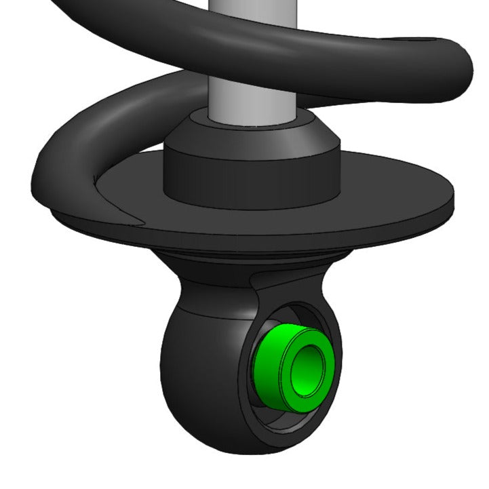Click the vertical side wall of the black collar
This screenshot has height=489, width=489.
[251, 180]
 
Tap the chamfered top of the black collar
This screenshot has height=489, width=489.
[251, 136]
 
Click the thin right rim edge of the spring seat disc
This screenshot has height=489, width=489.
[450, 204]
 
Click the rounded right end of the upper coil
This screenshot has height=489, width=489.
[461, 68]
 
